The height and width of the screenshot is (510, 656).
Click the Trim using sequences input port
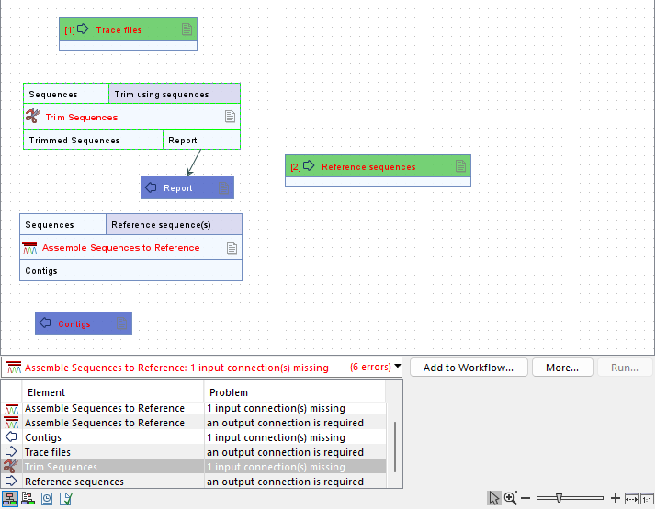pyautogui.click(x=175, y=94)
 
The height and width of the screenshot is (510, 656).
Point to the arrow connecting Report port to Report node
pyautogui.click(x=193, y=163)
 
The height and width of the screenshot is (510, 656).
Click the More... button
pyautogui.click(x=561, y=368)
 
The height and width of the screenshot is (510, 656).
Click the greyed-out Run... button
pyautogui.click(x=625, y=368)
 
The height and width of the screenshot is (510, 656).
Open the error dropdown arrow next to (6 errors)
pyautogui.click(x=397, y=367)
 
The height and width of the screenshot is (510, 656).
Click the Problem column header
pyautogui.click(x=229, y=392)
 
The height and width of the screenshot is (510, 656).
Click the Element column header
pyautogui.click(x=47, y=392)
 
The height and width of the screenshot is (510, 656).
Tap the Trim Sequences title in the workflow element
pyautogui.click(x=82, y=118)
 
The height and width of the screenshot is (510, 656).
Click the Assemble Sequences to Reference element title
pyautogui.click(x=120, y=248)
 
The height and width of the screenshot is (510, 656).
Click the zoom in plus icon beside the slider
pyautogui.click(x=615, y=497)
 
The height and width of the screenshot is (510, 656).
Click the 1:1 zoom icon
pyautogui.click(x=648, y=497)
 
